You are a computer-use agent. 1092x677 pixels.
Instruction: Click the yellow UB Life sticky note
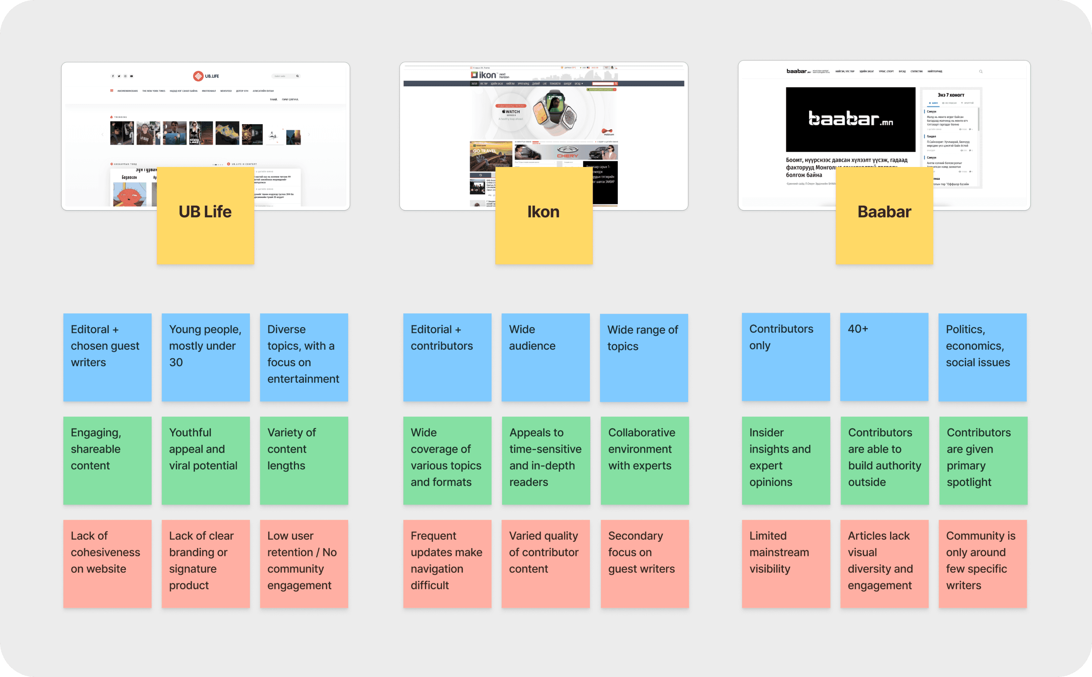click(x=205, y=216)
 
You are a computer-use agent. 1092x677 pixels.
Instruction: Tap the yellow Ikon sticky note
click(x=544, y=216)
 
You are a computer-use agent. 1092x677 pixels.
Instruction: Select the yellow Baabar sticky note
click(x=884, y=216)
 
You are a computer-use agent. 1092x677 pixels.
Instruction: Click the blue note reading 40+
click(x=884, y=357)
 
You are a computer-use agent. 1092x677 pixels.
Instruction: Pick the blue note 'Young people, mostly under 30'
click(x=206, y=357)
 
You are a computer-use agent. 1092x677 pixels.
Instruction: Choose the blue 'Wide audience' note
click(x=545, y=357)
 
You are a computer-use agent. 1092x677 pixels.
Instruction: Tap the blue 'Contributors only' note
click(x=785, y=357)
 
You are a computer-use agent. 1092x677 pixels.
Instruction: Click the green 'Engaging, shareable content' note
click(x=107, y=461)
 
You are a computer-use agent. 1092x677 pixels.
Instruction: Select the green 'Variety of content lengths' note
click(x=304, y=461)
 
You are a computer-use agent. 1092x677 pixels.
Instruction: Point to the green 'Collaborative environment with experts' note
click(x=644, y=461)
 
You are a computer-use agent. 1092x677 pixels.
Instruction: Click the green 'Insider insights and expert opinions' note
click(x=785, y=461)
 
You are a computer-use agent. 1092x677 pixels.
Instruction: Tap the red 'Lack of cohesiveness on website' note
click(x=107, y=564)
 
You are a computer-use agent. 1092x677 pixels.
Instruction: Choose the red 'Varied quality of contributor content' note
click(x=545, y=564)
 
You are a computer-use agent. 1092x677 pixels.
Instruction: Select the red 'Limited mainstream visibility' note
click(x=785, y=564)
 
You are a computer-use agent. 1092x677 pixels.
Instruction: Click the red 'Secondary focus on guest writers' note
click(x=644, y=564)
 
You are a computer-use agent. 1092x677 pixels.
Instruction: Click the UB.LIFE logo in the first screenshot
click(x=206, y=76)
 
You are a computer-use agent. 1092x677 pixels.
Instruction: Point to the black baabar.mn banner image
click(x=850, y=119)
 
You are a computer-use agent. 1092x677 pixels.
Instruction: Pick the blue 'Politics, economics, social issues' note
click(x=982, y=357)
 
